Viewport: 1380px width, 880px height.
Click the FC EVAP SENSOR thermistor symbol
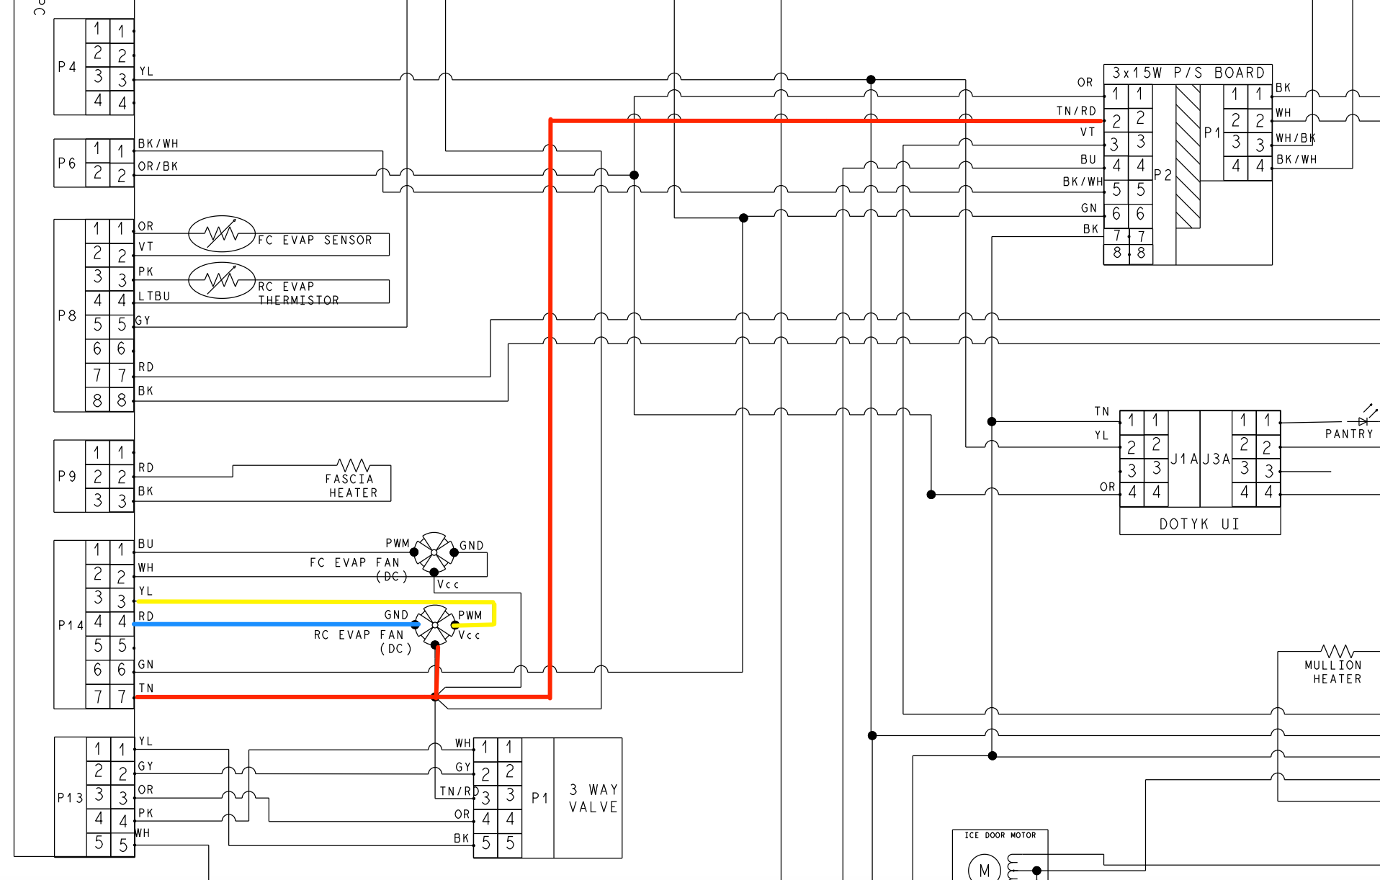pyautogui.click(x=222, y=233)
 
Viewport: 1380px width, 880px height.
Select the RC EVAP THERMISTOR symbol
pyautogui.click(x=222, y=280)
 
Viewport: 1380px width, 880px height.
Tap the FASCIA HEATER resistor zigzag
pyautogui.click(x=353, y=465)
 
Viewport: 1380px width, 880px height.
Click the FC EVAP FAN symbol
pyautogui.click(x=434, y=552)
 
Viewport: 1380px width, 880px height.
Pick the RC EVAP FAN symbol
pyautogui.click(x=435, y=624)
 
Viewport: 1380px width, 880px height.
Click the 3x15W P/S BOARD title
pyautogui.click(x=1188, y=73)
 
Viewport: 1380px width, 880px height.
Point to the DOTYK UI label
pyautogui.click(x=1199, y=524)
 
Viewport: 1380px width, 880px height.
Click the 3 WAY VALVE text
pyautogui.click(x=593, y=798)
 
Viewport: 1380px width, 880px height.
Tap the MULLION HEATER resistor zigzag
pyautogui.click(x=1337, y=651)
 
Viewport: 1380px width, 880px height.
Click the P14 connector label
pyautogui.click(x=70, y=625)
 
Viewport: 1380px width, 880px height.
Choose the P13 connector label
pyautogui.click(x=70, y=798)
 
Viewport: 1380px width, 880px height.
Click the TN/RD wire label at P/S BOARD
pyautogui.click(x=1076, y=111)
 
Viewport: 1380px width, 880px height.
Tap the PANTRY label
pyautogui.click(x=1349, y=434)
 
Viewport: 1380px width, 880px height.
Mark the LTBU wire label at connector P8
pyautogui.click(x=154, y=296)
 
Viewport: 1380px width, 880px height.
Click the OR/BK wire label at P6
pyautogui.click(x=158, y=166)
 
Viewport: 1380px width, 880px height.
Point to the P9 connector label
pyautogui.click(x=67, y=476)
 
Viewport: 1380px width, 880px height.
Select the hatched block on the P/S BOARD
pyautogui.click(x=1188, y=156)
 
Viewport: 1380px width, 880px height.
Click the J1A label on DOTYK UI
pyautogui.click(x=1184, y=459)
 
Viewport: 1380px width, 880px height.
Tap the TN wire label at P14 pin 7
pyautogui.click(x=146, y=688)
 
